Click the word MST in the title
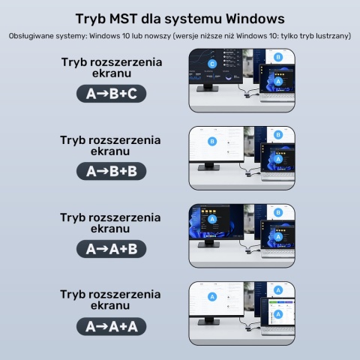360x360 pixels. tap(123, 19)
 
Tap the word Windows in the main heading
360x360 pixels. tap(255, 19)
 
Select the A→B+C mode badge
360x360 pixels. tap(111, 94)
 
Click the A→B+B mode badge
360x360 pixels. tap(111, 171)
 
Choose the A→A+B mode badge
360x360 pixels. tap(111, 249)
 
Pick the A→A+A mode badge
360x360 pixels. tap(111, 326)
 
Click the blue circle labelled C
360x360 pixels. tap(212, 64)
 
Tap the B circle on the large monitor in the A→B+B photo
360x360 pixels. tap(212, 142)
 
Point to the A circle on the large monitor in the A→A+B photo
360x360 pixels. tap(212, 219)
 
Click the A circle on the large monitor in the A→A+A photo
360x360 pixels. tap(212, 297)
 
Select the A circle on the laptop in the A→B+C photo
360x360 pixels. tap(278, 82)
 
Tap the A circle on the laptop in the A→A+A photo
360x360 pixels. tap(278, 314)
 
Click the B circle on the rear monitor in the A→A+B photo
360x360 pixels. tap(278, 212)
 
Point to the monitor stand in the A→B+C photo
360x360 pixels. tap(208, 87)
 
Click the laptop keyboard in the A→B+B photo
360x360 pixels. tap(278, 176)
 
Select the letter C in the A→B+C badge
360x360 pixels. tap(132, 94)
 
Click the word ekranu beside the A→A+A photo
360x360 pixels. tap(110, 305)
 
